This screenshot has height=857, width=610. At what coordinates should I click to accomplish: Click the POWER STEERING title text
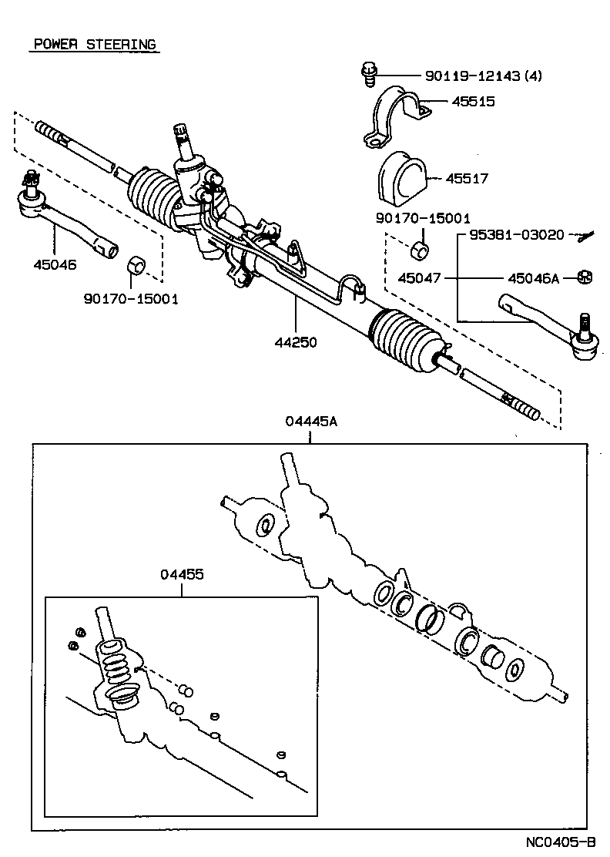click(94, 44)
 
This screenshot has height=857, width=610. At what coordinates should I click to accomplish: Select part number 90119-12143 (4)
click(483, 76)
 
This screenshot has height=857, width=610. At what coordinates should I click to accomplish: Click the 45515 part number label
click(473, 101)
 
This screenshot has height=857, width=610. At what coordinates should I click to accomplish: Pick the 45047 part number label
click(419, 277)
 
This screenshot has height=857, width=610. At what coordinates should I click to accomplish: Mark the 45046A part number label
click(533, 277)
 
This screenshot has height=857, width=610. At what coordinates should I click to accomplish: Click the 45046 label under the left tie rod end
click(55, 264)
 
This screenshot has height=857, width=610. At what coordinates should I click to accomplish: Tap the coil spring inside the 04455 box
click(113, 662)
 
